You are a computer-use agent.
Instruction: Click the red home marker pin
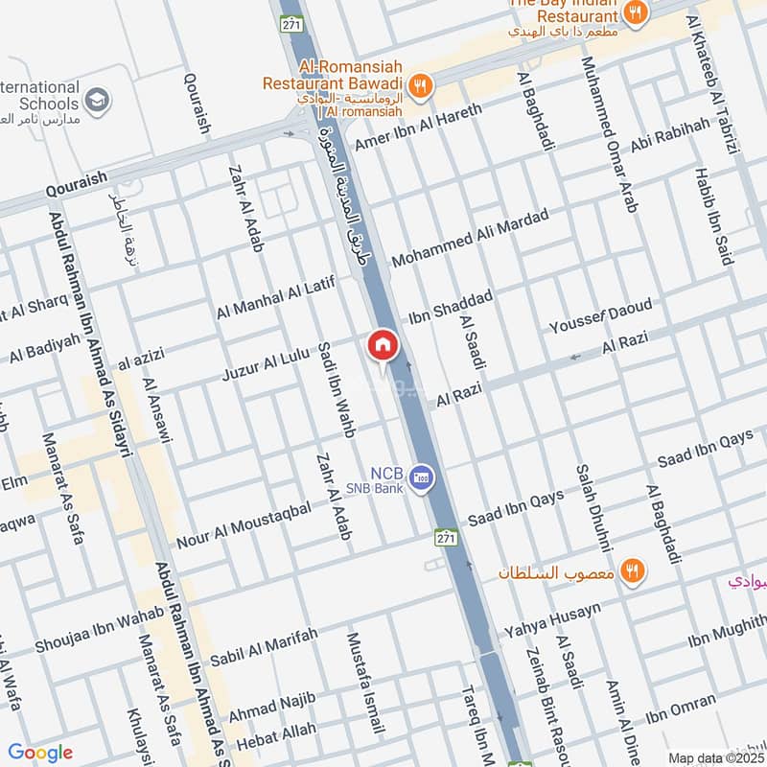[x=382, y=345]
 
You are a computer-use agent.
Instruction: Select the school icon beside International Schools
[x=97, y=99]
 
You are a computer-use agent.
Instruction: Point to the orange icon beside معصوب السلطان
[x=632, y=571]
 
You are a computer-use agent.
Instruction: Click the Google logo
[x=40, y=753]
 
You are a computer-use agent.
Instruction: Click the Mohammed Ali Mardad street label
[x=470, y=238]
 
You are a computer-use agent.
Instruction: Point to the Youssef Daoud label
[x=600, y=316]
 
